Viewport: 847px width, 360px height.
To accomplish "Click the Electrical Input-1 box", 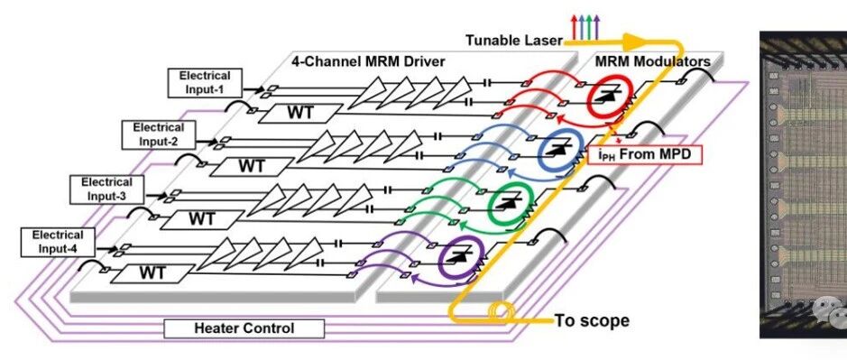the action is coord(204,83).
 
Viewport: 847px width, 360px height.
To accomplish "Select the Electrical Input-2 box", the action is coord(158,134).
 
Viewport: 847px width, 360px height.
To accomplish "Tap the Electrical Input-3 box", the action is coord(106,189).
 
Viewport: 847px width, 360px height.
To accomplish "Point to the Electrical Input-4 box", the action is coord(58,242).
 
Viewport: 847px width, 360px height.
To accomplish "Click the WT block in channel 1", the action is coord(300,113).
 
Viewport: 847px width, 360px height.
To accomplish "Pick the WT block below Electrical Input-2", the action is coord(253,166).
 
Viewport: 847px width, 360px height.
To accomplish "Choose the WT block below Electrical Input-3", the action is coord(203,219).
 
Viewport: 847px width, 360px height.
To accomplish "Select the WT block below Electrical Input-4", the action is coord(152,273).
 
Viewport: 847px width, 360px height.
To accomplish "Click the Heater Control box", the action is coord(244,328).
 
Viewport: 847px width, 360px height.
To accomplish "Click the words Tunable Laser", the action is coord(514,40).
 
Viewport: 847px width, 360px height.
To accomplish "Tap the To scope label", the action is coord(592,320).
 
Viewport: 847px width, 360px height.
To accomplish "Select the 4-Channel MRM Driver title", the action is coord(368,61).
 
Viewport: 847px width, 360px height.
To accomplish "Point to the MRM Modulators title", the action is coord(652,61).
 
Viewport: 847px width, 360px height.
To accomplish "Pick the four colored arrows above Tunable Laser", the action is coord(585,27).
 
